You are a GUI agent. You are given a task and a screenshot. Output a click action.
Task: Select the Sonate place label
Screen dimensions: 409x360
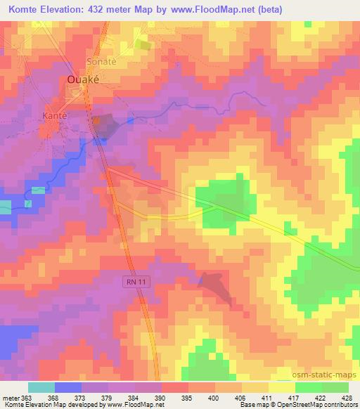pos(101,62)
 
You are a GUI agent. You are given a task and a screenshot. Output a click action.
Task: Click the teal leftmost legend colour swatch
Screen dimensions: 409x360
pos(40,388)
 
